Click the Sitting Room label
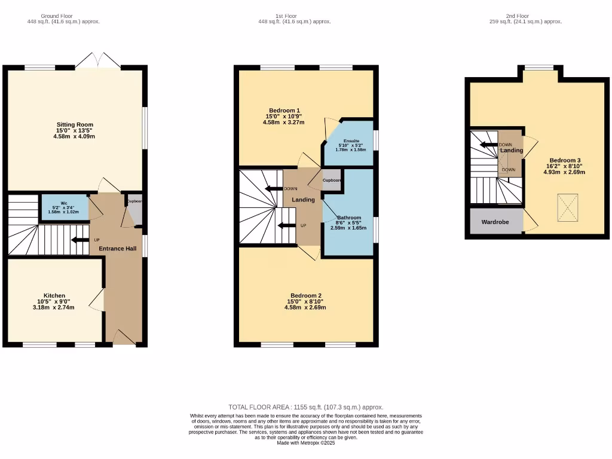coord(75,125)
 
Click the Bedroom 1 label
coord(284,111)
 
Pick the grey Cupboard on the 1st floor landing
coord(332,180)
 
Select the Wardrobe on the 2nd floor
coord(495,222)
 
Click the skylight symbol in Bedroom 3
coord(567,207)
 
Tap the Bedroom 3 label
coord(565,161)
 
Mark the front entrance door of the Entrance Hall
coord(124,338)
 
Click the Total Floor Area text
coord(305,407)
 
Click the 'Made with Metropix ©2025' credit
coord(306,443)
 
